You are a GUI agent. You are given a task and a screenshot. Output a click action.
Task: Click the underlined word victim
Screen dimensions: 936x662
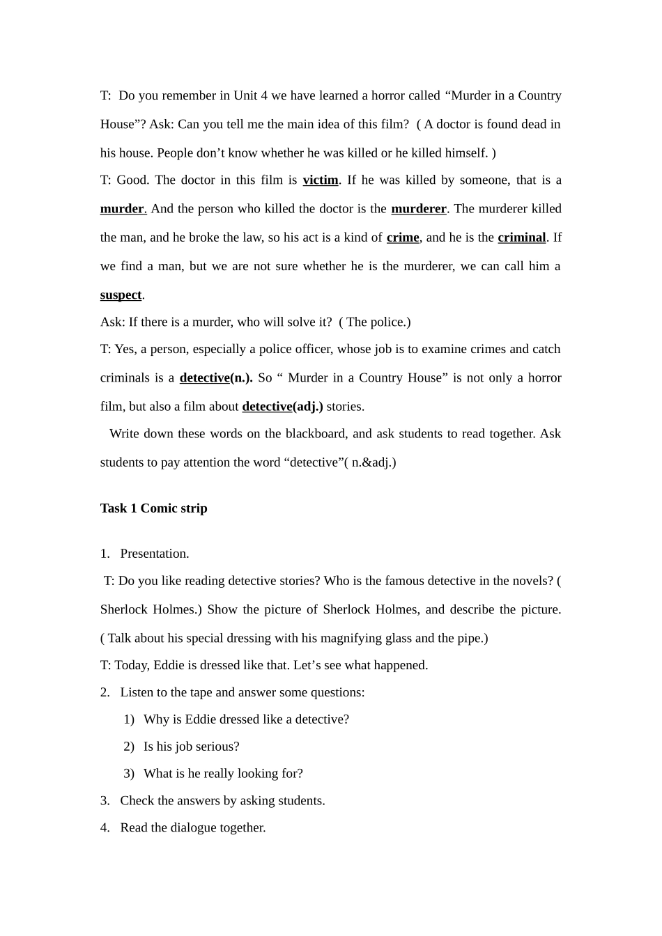tap(321, 180)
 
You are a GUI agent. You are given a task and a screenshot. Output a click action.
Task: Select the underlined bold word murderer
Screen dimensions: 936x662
tap(419, 209)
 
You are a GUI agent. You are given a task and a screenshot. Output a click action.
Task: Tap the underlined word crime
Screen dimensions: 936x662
tap(403, 237)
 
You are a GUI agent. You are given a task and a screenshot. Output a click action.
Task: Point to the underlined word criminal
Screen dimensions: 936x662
tap(522, 237)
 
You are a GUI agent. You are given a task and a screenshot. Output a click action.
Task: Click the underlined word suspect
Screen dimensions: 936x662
tap(121, 295)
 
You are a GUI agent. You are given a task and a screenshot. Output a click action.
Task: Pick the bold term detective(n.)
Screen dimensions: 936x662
tap(216, 378)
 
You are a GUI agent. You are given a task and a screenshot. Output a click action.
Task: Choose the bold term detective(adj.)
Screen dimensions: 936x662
tap(282, 407)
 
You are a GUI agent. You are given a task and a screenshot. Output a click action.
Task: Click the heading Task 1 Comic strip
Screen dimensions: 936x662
tap(153, 508)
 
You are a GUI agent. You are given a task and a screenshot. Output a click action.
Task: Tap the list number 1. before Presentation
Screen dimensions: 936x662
tap(105, 554)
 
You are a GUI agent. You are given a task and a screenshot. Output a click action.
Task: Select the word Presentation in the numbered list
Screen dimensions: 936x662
tap(154, 554)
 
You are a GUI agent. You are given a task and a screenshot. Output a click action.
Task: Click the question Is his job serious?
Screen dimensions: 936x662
tap(191, 747)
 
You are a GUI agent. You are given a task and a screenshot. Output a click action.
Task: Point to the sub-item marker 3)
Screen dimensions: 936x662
tap(129, 774)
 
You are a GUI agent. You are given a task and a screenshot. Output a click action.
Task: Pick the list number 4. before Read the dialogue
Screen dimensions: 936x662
tap(105, 828)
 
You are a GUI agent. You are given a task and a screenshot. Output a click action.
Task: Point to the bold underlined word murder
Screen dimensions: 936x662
tap(122, 209)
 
